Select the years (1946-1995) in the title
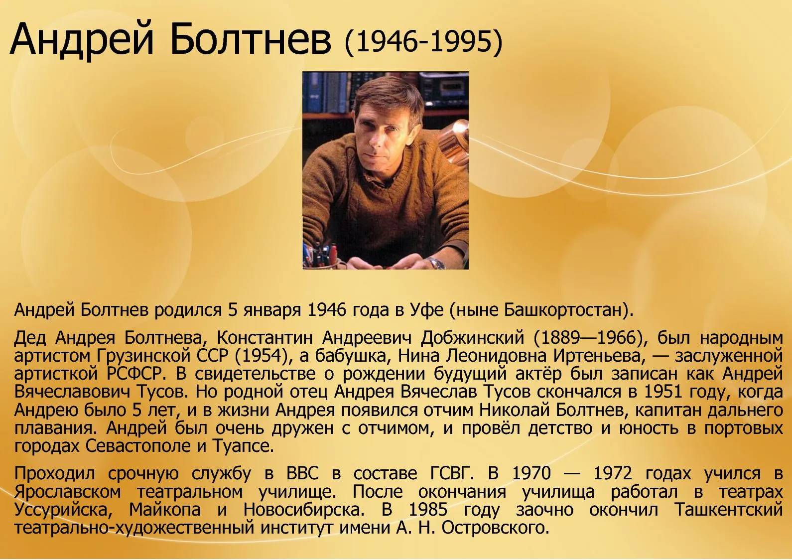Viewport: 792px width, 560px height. click(423, 42)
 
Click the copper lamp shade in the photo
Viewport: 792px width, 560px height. click(455, 141)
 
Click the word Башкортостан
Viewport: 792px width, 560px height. click(562, 310)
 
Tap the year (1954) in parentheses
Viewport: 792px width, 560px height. click(261, 356)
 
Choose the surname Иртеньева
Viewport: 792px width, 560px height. click(597, 356)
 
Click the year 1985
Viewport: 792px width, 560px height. click(428, 510)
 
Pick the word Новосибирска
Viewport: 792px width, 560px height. click(304, 510)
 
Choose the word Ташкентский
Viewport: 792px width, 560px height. click(729, 510)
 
